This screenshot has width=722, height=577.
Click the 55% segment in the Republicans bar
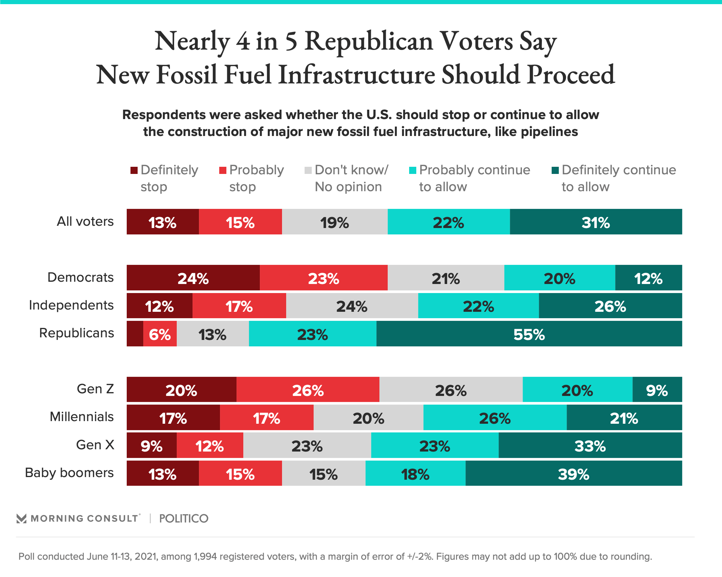click(529, 334)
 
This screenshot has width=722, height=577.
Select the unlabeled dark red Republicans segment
click(135, 334)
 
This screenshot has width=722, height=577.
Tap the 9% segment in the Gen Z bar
click(657, 390)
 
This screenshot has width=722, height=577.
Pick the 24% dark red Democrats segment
click(193, 278)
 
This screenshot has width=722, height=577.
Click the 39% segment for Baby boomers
click(573, 473)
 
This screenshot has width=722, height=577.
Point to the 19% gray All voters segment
click(335, 222)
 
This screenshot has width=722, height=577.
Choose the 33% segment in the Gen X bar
click(590, 446)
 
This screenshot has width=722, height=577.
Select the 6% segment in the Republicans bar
click(160, 334)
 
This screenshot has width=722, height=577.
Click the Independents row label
click(71, 305)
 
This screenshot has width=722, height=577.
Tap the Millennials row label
click(82, 417)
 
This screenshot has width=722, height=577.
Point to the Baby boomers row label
click(69, 473)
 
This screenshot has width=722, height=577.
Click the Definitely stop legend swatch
click(134, 171)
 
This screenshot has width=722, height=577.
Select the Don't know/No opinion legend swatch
click(308, 171)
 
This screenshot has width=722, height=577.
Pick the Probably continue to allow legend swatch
click(413, 171)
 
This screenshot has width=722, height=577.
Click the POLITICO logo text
click(184, 518)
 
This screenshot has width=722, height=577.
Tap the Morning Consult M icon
click(21, 518)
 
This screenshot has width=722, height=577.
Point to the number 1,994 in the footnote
click(205, 556)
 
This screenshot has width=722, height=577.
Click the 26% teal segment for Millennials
click(495, 418)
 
